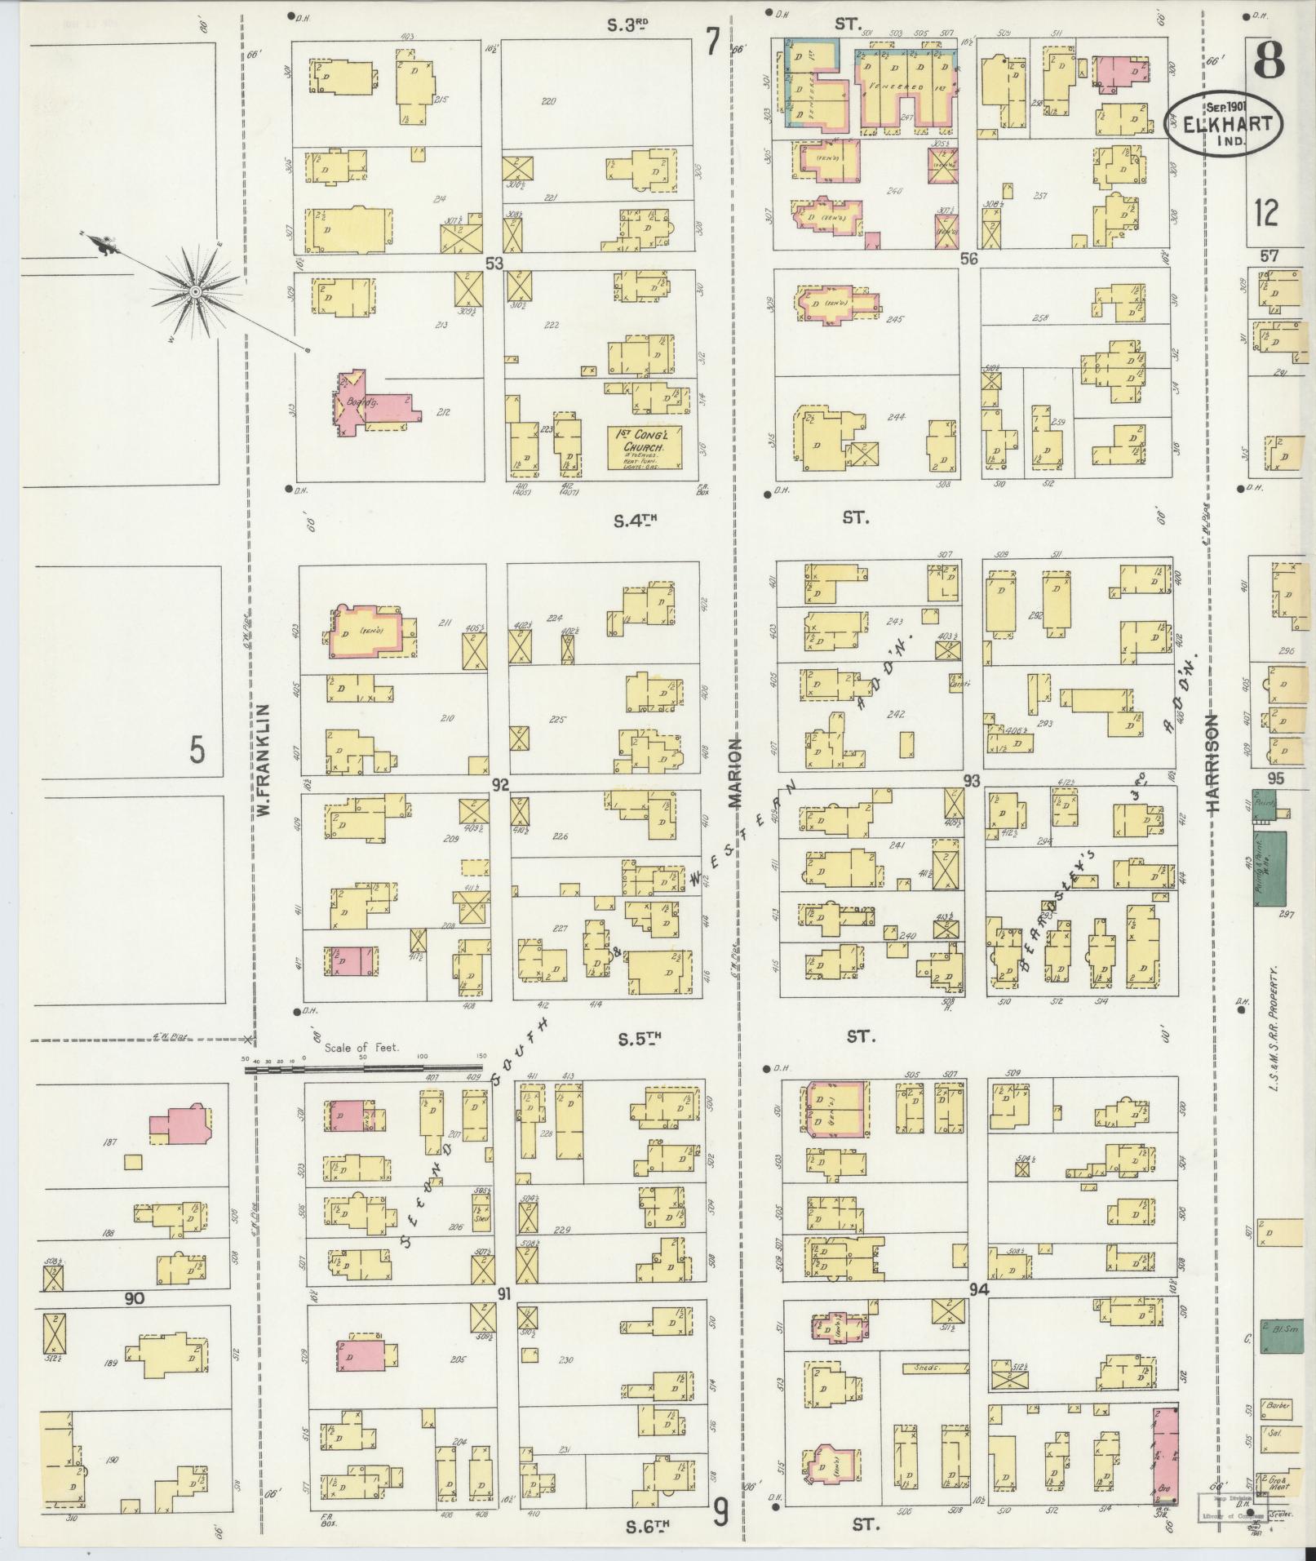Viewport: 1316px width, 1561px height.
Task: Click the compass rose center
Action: (x=196, y=290)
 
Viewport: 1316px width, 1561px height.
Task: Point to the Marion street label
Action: (x=735, y=772)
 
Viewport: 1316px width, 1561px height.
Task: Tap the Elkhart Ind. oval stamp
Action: (x=1223, y=121)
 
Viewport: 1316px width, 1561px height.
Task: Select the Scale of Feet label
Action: (x=361, y=1047)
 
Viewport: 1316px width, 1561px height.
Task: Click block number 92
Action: (x=499, y=785)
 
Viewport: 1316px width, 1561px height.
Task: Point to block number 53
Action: (x=493, y=263)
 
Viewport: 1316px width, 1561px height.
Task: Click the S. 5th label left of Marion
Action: (x=637, y=1039)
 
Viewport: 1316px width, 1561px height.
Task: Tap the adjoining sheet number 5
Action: (x=197, y=749)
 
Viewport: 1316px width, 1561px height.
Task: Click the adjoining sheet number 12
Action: (x=1266, y=215)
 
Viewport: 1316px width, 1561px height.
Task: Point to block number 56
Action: (x=968, y=259)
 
